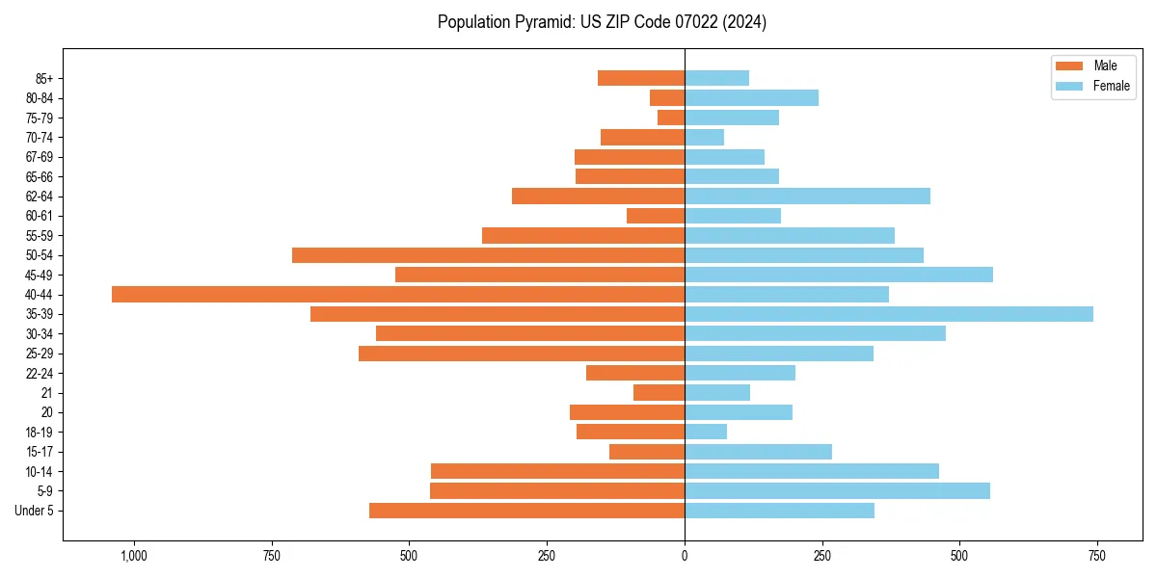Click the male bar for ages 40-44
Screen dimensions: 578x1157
click(398, 295)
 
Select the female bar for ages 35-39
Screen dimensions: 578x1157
click(889, 314)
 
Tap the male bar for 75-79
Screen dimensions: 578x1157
click(671, 118)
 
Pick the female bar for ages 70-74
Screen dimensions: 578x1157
click(704, 138)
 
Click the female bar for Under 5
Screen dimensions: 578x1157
click(779, 511)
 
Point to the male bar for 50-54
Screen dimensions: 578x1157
click(488, 255)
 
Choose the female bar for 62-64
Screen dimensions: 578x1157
click(807, 197)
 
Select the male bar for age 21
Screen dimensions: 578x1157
click(659, 393)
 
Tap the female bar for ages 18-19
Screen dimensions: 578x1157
click(706, 432)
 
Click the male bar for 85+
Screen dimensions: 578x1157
click(641, 78)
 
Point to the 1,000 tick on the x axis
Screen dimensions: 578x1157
click(133, 556)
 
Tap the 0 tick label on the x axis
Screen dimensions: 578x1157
click(685, 556)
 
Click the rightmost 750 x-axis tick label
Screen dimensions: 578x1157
click(1096, 556)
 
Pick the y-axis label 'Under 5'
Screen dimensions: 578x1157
click(34, 511)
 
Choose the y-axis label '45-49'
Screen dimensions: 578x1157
click(39, 275)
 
